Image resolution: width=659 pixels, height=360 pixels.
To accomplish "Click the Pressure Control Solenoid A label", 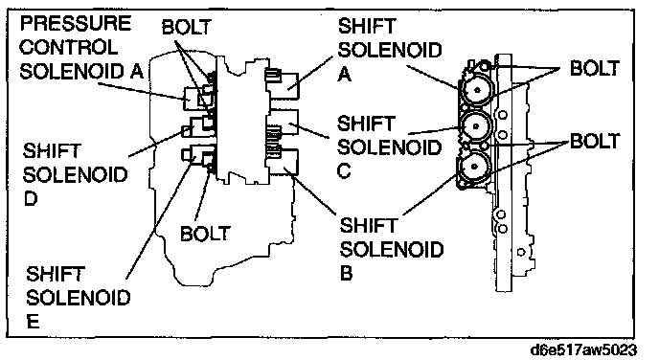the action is click(x=82, y=47).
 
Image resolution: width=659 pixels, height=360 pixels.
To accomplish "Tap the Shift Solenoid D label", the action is click(x=75, y=174).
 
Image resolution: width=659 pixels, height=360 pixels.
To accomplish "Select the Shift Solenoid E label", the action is click(x=79, y=297).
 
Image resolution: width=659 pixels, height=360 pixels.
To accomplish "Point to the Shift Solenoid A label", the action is click(x=390, y=50).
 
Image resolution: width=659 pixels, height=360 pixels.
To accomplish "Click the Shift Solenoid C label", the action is click(x=389, y=147).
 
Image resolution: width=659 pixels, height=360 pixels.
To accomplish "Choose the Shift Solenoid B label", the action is click(x=391, y=249).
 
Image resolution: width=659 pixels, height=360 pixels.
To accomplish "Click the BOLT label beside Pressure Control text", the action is click(x=186, y=28).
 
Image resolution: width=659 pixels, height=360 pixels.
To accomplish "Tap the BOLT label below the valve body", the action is click(x=205, y=234).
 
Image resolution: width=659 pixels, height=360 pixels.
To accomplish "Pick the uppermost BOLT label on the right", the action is click(x=594, y=68).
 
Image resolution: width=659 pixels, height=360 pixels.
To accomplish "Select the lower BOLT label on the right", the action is click(x=595, y=141).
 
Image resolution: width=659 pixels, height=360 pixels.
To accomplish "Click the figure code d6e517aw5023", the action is click(x=583, y=349).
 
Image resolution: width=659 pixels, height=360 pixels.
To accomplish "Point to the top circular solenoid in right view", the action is click(x=477, y=89).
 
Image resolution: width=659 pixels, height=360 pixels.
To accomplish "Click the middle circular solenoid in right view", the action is click(x=476, y=125).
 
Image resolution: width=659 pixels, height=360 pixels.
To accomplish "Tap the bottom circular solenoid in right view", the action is click(x=474, y=166).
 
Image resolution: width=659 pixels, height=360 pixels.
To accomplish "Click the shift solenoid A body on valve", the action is click(x=283, y=85).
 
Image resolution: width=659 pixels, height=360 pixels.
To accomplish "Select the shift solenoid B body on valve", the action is click(x=283, y=161).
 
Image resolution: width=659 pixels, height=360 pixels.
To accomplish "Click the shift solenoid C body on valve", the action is click(x=283, y=123).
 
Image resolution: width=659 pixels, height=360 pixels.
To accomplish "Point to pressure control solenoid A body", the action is click(x=199, y=99).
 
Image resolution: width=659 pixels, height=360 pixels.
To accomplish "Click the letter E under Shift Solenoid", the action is click(x=33, y=322).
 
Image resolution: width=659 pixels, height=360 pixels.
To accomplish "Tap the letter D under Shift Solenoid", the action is click(x=31, y=199).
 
